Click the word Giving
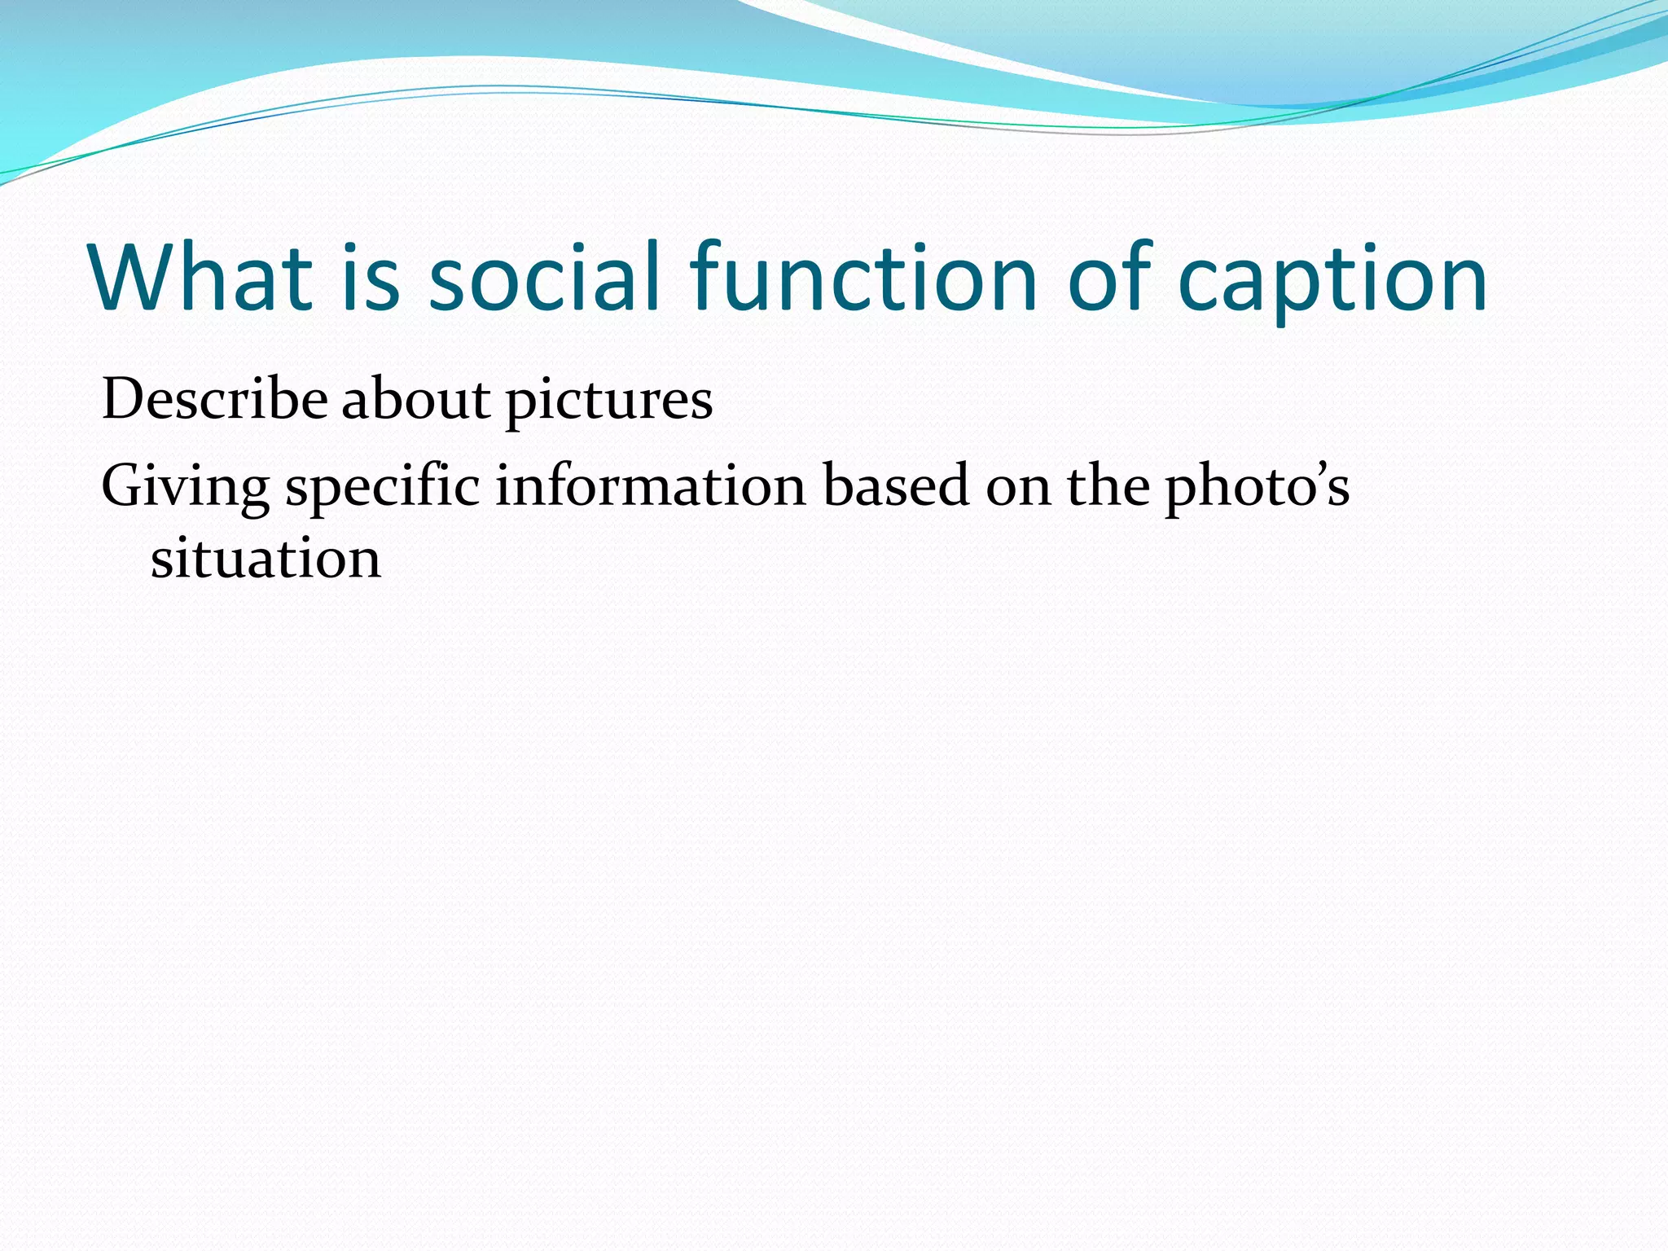click(x=185, y=487)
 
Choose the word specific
click(x=382, y=487)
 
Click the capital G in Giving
click(x=123, y=485)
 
